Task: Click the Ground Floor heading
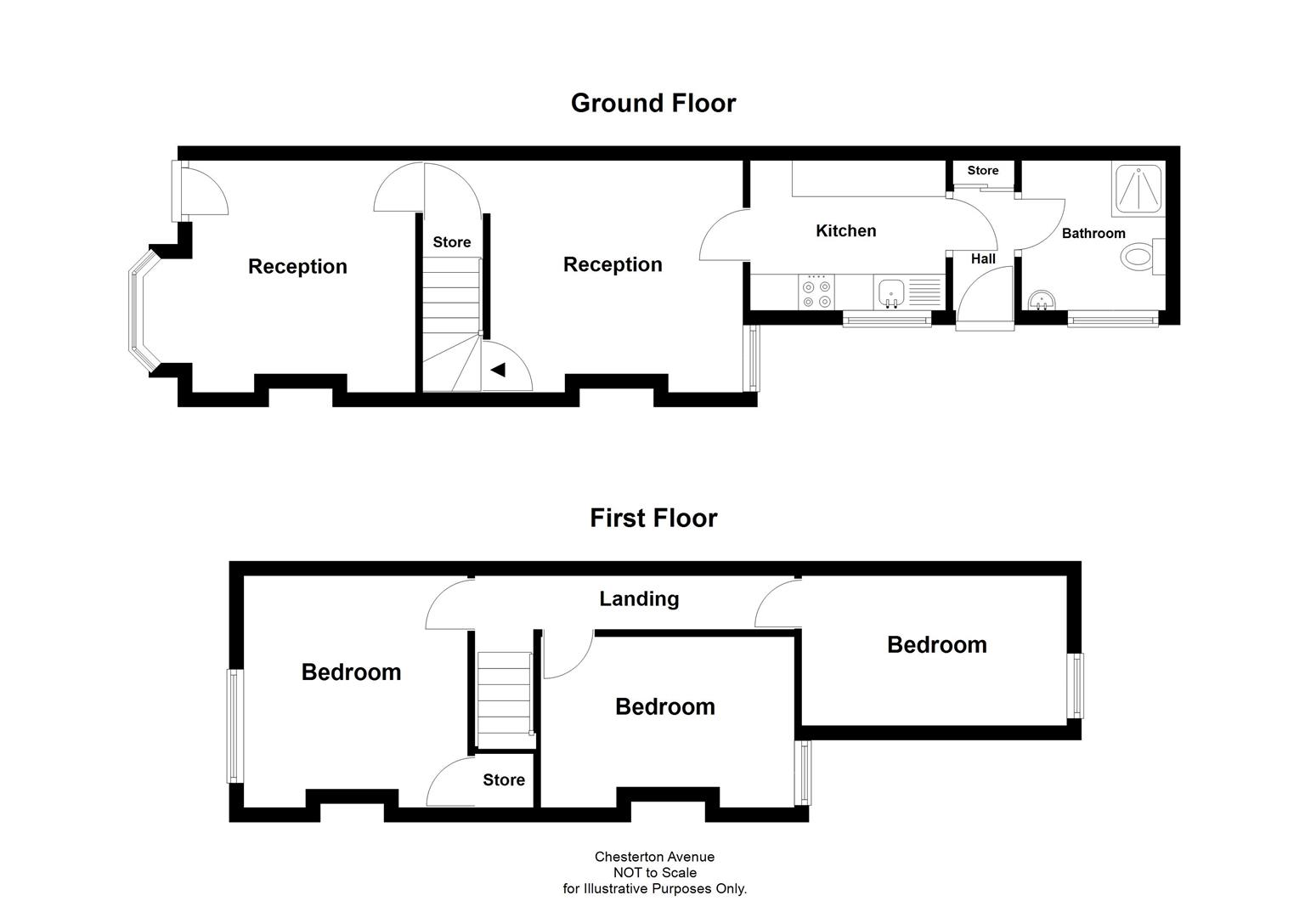tap(652, 103)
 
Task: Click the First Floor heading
tap(652, 518)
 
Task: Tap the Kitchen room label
tap(845, 231)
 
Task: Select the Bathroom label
tap(1093, 233)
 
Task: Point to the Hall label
tap(983, 259)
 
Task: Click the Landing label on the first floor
tap(639, 599)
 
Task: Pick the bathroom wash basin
tap(1042, 301)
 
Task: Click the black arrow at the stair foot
tap(498, 370)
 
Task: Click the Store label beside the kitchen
tap(982, 171)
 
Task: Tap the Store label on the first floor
tap(504, 780)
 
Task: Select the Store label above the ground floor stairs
tap(451, 242)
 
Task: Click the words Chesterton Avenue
tap(654, 857)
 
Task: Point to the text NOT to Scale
tap(654, 873)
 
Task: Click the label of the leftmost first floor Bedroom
tap(351, 672)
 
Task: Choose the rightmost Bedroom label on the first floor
tap(936, 645)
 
